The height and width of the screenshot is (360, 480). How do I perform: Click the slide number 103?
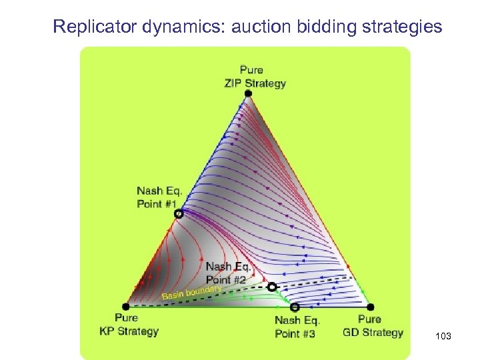(443, 337)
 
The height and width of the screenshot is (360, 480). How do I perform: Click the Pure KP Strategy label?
(129, 325)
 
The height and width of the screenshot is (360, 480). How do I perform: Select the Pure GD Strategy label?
(373, 325)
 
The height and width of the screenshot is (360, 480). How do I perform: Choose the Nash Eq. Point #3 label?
(297, 327)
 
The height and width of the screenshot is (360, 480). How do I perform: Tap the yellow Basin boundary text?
(191, 292)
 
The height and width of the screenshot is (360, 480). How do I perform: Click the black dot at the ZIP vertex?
(249, 94)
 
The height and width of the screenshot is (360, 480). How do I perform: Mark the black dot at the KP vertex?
(127, 305)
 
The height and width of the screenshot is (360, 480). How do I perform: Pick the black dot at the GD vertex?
(369, 306)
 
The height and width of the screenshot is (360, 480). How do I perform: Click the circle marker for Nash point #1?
(178, 214)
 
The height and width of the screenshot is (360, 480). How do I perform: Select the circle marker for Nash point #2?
(271, 287)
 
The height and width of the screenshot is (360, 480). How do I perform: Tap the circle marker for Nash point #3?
(295, 307)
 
